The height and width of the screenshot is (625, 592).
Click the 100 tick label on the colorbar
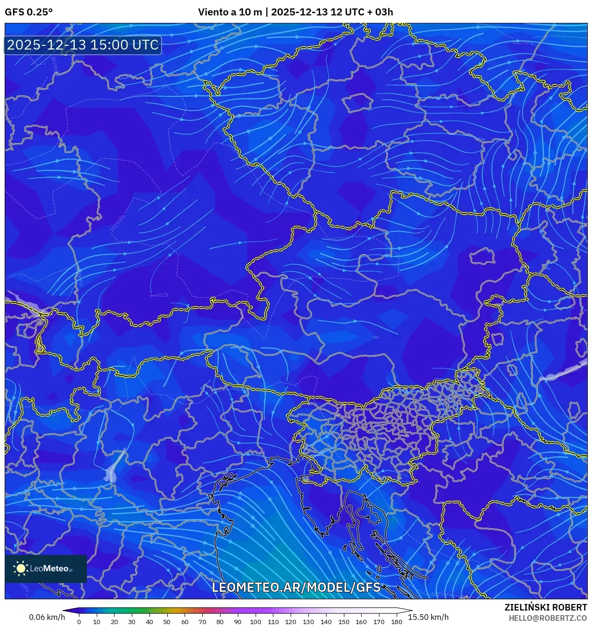click(255, 622)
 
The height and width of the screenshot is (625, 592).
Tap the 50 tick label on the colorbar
click(167, 622)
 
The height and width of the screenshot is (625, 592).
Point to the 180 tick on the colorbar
click(396, 622)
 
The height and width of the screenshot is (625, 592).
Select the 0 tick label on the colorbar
click(79, 622)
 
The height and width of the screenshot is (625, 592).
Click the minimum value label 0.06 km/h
click(47, 617)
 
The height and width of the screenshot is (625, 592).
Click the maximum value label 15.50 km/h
click(428, 617)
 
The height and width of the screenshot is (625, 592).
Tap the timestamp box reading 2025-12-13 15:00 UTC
click(83, 45)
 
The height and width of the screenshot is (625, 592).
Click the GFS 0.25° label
click(29, 12)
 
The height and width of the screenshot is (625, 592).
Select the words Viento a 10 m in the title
click(230, 12)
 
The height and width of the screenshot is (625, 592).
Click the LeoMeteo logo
click(46, 568)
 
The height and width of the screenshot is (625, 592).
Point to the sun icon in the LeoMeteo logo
click(21, 568)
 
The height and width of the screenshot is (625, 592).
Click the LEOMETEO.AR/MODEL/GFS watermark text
click(296, 587)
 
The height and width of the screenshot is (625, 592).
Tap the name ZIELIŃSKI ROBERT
click(545, 607)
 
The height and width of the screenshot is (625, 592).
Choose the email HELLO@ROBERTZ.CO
click(548, 618)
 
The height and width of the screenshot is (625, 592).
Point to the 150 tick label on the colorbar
click(343, 622)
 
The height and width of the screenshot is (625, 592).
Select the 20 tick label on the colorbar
click(114, 622)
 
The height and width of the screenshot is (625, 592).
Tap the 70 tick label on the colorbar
click(202, 622)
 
